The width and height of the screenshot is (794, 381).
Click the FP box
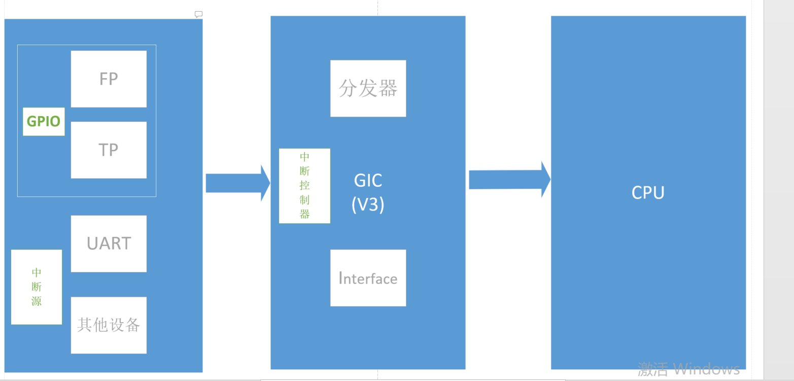click(x=109, y=79)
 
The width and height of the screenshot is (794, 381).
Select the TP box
click(x=109, y=150)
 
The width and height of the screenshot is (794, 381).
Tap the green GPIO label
click(x=44, y=121)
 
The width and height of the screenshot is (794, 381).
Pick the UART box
click(x=109, y=244)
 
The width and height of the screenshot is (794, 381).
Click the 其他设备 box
click(x=109, y=325)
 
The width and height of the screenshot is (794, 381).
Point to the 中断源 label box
click(x=37, y=287)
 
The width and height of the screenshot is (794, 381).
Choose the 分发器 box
click(x=368, y=88)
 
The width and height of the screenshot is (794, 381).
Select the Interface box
click(x=368, y=278)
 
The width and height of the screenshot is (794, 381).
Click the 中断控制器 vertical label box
click(x=304, y=186)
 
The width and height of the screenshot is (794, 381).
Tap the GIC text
click(x=368, y=180)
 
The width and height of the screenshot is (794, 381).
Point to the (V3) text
click(x=368, y=204)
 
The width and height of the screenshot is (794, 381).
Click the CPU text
click(x=648, y=193)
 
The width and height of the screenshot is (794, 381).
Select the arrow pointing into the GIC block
click(x=237, y=183)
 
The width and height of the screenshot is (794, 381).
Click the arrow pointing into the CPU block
click(x=509, y=180)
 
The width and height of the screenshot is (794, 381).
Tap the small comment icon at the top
click(x=199, y=14)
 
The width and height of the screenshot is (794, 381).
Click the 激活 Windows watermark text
click(x=688, y=369)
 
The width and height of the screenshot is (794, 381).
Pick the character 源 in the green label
click(x=37, y=301)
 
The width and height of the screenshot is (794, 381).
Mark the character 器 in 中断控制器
click(x=304, y=214)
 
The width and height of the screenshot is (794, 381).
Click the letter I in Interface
click(x=341, y=278)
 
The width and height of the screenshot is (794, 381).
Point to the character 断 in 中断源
click(x=37, y=287)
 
